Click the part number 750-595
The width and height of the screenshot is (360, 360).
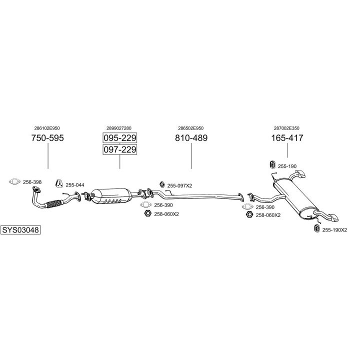pos(48,138)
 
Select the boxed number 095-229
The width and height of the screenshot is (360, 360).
pos(120,138)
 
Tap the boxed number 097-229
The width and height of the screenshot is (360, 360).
pos(120,149)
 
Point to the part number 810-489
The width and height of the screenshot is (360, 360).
pos(191,138)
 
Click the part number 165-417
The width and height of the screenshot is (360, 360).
pos(287,138)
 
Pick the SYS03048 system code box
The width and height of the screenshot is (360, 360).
pos(20,230)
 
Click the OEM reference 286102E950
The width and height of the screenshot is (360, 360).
pos(48,128)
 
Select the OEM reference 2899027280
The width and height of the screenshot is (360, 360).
pos(120,128)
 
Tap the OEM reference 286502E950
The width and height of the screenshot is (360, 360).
pos(191,128)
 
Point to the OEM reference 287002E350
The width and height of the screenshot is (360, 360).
pos(287,128)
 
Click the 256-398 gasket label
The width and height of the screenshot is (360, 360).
pos(32,181)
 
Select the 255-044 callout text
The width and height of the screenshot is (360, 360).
pos(75,185)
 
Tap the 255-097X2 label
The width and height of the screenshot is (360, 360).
pos(179,185)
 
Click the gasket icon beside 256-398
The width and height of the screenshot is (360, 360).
pos(14,181)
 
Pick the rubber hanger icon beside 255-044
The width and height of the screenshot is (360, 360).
pos(59,183)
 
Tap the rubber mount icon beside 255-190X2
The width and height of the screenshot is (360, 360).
pos(316,229)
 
